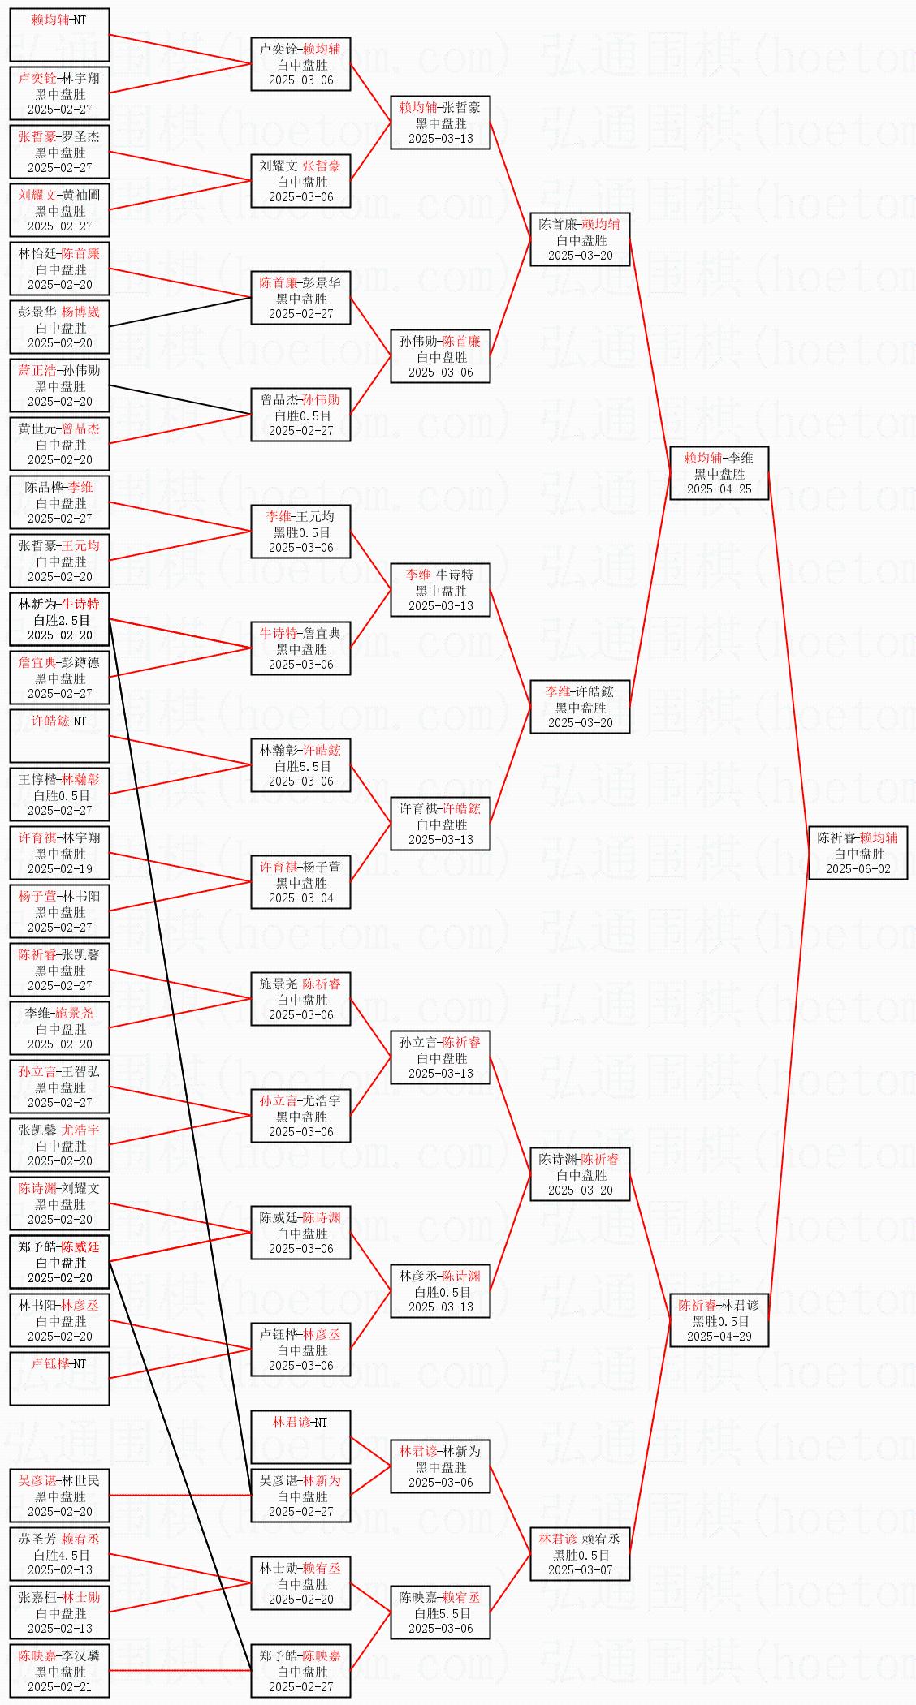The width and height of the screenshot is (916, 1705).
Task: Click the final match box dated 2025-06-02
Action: pos(858,853)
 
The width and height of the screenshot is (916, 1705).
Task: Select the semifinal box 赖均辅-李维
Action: pos(719,473)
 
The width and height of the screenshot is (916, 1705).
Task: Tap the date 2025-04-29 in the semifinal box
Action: pos(719,1336)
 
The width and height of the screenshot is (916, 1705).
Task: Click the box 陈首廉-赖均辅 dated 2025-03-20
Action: pos(580,239)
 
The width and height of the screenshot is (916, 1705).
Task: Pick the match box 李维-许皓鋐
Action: pos(580,707)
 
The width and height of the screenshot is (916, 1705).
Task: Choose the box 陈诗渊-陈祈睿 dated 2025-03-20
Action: pos(580,1174)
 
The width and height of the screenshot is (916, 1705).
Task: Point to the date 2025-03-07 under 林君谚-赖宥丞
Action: pos(580,1569)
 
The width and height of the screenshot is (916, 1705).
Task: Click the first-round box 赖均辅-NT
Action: pos(59,35)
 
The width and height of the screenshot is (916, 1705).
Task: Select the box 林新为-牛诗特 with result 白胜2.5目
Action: pos(59,619)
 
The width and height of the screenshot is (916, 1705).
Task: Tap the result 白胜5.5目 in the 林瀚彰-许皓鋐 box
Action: pos(301,766)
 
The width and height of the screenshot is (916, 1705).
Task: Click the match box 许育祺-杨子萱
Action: pos(300,882)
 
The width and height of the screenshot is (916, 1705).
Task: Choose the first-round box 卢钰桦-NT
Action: pos(59,1379)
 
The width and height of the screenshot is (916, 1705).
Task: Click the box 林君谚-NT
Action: pos(300,1437)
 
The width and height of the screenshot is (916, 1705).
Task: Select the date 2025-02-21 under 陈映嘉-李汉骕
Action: pos(59,1686)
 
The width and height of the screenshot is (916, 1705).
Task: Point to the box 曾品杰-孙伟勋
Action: pos(300,415)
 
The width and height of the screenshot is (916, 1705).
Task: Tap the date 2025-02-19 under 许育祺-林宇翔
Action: pos(59,868)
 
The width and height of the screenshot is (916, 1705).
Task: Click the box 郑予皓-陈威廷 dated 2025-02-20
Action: pos(59,1262)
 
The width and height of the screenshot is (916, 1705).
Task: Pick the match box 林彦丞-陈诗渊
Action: pos(440,1291)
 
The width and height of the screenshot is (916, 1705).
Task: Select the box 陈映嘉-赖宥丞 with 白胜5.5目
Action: pos(440,1612)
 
